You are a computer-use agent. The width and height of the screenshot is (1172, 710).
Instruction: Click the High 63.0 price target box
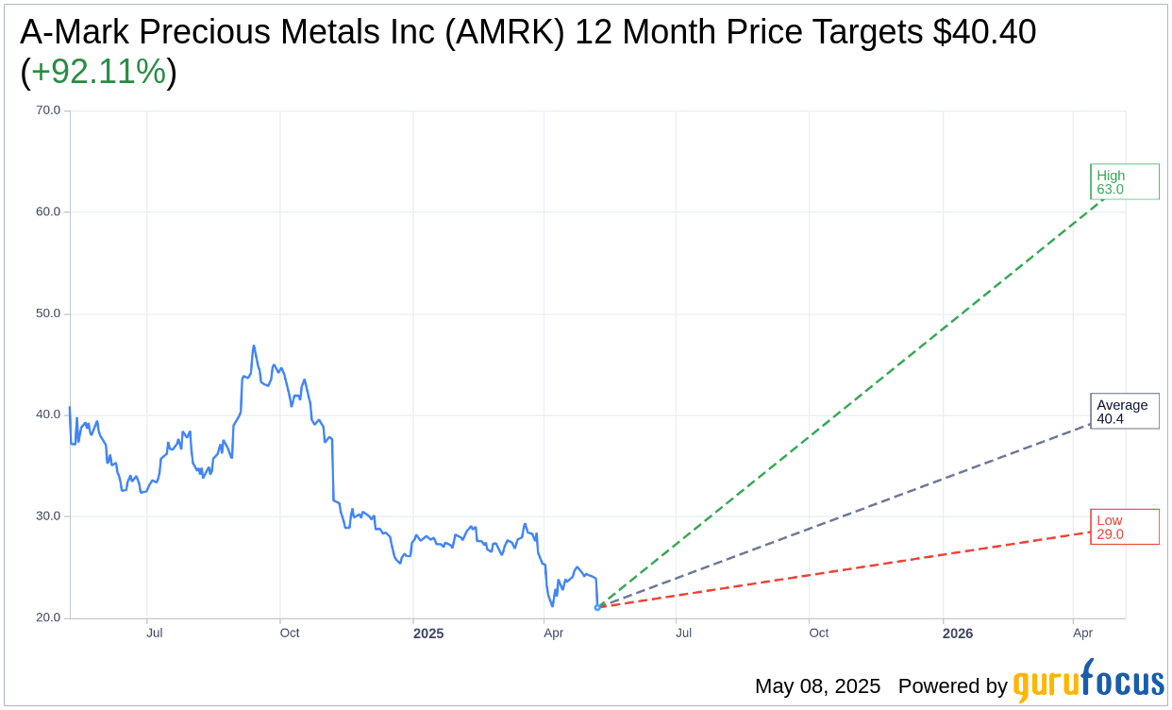point(1124,181)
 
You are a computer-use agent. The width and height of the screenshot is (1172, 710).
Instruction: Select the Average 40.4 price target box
point(1124,412)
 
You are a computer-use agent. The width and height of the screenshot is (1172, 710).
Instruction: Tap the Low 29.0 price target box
point(1124,527)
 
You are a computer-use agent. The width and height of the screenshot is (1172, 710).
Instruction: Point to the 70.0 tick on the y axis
point(48,110)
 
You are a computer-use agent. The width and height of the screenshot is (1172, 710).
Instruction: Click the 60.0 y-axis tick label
point(48,211)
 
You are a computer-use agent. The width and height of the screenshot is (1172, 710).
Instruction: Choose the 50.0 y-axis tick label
point(48,313)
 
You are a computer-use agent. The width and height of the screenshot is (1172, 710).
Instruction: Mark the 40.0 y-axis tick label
point(48,414)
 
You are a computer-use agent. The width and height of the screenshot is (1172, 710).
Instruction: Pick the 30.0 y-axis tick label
point(48,516)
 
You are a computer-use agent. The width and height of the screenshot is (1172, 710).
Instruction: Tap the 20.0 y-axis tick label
point(48,618)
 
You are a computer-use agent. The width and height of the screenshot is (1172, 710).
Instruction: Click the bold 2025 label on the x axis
point(428,634)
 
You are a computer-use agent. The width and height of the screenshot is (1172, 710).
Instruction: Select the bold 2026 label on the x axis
point(957,634)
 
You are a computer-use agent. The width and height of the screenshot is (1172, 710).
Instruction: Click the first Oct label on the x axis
point(289,633)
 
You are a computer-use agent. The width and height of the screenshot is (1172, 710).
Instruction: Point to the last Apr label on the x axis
point(1082,633)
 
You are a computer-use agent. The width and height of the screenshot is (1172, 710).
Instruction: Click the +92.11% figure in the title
point(98,72)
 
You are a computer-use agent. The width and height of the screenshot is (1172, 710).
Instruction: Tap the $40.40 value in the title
point(984,32)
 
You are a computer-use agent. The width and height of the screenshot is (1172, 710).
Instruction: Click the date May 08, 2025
point(817,686)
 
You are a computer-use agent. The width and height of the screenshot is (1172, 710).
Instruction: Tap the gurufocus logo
point(1088,682)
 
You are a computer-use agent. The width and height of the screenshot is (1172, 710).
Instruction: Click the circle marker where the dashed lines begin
point(597,607)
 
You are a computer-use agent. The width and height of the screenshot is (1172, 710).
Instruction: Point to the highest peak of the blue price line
point(254,346)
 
